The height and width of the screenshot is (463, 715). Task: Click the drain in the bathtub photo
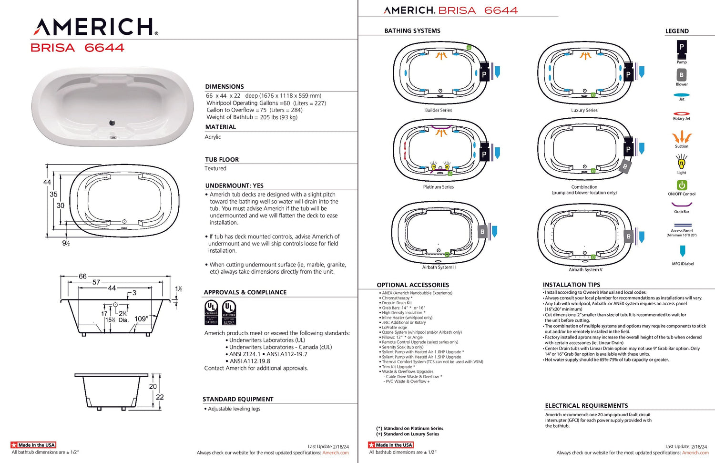click(112, 123)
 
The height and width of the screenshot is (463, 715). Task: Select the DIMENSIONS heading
click(225, 87)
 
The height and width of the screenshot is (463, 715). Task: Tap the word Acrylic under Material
click(213, 137)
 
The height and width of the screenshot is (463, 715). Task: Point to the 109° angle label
click(142, 319)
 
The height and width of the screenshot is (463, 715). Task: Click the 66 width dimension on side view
click(82, 276)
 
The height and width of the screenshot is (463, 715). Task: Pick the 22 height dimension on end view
click(160, 397)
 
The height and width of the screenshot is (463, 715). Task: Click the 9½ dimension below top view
click(66, 243)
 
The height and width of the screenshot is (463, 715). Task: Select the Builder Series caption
click(438, 110)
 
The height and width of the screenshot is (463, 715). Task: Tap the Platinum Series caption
click(438, 187)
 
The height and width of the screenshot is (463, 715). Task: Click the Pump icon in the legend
click(682, 48)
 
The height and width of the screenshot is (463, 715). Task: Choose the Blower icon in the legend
click(682, 75)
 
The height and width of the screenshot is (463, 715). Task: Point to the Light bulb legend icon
click(682, 163)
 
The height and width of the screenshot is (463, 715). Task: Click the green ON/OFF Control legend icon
click(682, 185)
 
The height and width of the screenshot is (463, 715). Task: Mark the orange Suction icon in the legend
click(682, 137)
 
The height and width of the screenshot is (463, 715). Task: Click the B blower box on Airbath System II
click(482, 232)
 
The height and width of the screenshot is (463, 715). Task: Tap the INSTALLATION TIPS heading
click(572, 285)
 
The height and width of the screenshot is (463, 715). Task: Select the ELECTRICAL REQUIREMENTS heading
click(586, 406)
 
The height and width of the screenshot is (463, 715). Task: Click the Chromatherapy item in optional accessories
click(397, 298)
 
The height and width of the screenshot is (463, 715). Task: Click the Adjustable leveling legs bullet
click(234, 409)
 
